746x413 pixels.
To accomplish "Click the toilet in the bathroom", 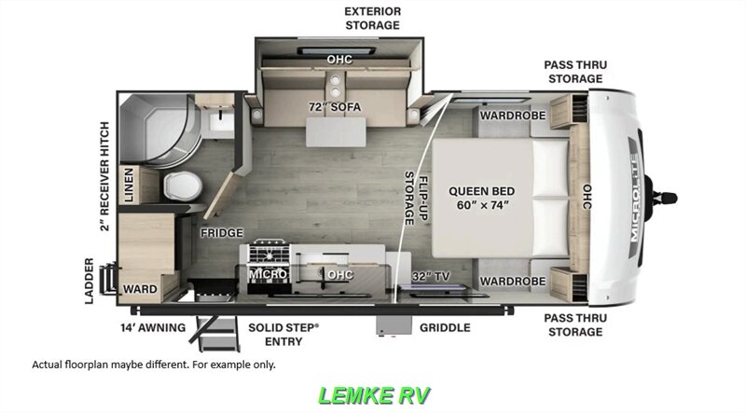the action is (183, 186).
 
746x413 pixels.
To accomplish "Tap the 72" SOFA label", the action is (335, 107).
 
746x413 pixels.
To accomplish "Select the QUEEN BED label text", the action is (481, 191).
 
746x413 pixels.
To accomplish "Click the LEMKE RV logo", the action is (374, 395).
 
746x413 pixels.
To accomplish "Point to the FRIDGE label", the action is (222, 233).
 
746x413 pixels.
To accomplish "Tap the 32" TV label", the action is (431, 277).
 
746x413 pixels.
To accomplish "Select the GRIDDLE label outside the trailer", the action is (445, 327).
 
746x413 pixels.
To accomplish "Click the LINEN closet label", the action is (128, 186).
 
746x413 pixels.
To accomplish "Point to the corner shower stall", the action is (158, 130).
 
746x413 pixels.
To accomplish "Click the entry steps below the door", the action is (216, 333).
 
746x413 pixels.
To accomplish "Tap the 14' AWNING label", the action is (153, 327).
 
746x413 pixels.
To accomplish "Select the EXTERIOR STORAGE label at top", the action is (372, 18).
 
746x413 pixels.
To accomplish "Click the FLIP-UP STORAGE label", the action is (416, 198).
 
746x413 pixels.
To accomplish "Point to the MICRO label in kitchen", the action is (268, 274).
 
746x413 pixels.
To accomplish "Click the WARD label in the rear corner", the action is (140, 289).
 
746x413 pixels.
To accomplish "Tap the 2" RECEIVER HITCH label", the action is (104, 176).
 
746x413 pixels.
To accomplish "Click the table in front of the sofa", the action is (336, 131).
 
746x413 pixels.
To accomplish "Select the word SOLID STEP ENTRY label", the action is (283, 335).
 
